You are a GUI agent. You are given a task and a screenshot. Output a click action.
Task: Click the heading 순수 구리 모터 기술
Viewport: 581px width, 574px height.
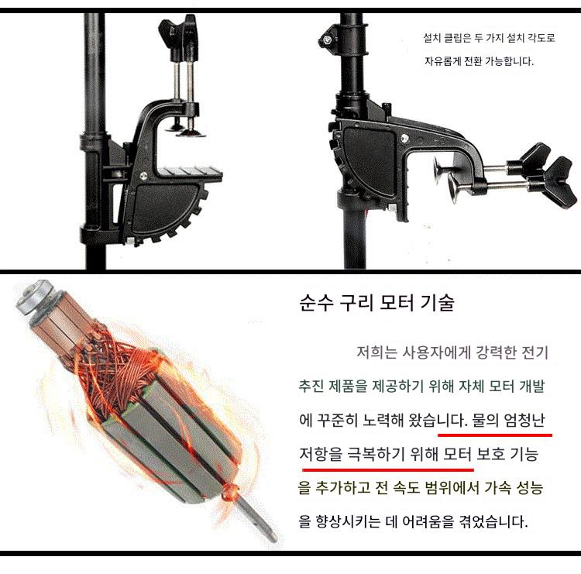[x=376, y=303]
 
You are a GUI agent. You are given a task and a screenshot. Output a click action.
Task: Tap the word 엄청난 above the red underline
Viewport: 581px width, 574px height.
[x=524, y=420]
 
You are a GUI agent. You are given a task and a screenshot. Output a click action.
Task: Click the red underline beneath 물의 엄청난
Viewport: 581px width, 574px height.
[x=495, y=435]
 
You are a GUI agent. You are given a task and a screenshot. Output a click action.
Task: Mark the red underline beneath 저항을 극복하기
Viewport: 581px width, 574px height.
[x=388, y=470]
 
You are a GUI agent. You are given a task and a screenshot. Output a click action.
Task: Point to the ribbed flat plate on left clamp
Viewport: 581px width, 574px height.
[x=190, y=174]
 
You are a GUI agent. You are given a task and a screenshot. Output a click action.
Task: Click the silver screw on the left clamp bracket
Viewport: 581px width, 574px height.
[x=143, y=175]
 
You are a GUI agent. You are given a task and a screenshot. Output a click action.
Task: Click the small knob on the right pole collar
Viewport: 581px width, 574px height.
[x=326, y=40]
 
